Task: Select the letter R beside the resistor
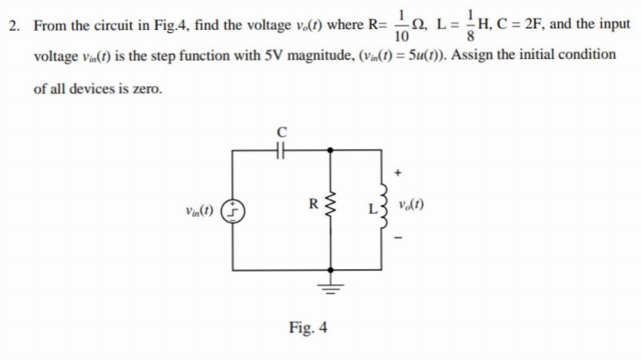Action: [x=314, y=203]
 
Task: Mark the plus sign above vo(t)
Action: [x=398, y=173]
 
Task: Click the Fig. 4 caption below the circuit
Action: [x=307, y=327]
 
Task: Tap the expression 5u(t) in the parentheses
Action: [x=418, y=55]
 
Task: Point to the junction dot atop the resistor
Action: [x=331, y=150]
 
